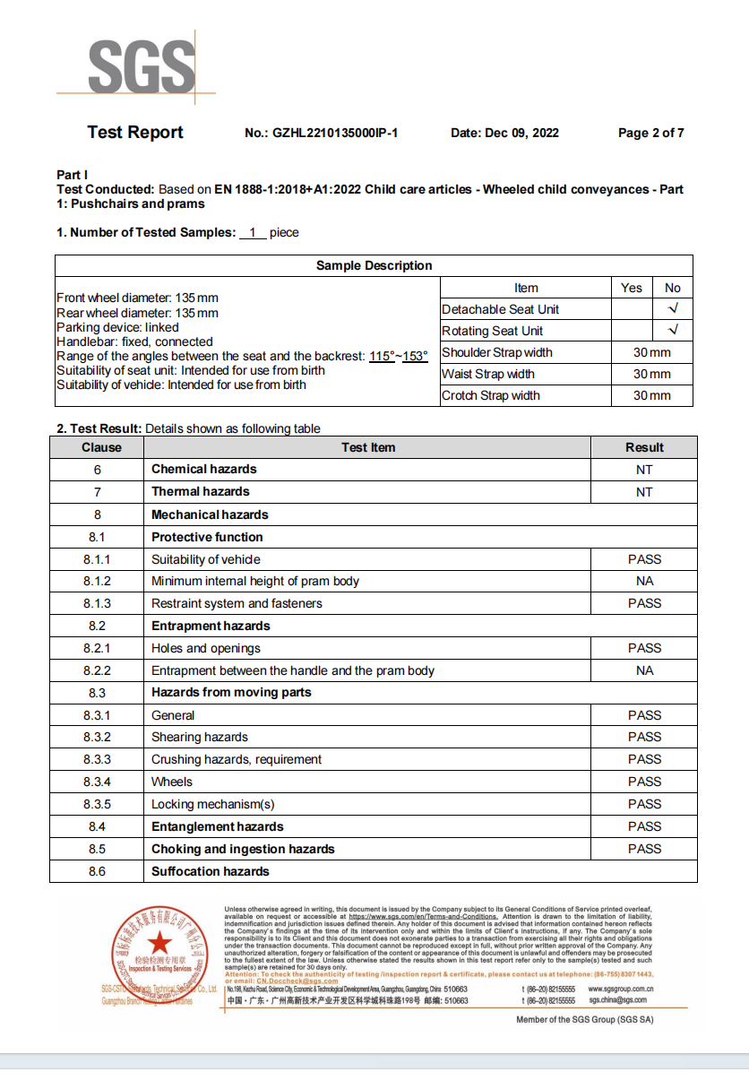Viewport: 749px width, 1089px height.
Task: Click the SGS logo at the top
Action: (x=141, y=65)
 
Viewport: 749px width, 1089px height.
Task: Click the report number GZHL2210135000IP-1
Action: (x=321, y=134)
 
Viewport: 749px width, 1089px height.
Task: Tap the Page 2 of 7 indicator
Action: (x=650, y=134)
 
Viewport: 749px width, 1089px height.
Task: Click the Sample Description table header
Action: (x=374, y=265)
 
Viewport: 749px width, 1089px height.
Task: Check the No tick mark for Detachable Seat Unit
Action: (x=673, y=309)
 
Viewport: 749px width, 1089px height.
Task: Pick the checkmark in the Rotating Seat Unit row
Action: (x=673, y=331)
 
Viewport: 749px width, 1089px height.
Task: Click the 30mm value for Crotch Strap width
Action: (x=651, y=395)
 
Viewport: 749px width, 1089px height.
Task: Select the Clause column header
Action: (x=101, y=447)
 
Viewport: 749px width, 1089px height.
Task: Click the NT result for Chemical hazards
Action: (x=644, y=470)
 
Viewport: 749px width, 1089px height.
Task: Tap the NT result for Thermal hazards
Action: (x=644, y=492)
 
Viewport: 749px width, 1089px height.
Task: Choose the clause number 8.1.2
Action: (x=97, y=581)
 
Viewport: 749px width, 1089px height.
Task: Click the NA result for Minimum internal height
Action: (x=644, y=581)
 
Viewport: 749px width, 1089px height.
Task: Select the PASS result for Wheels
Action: (x=644, y=782)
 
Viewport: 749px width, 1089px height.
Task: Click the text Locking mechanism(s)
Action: (x=212, y=804)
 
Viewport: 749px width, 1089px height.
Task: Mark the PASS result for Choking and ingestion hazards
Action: (x=644, y=849)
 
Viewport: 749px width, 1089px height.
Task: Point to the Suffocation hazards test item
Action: (x=210, y=871)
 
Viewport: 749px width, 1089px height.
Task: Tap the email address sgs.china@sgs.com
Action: (x=617, y=1000)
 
